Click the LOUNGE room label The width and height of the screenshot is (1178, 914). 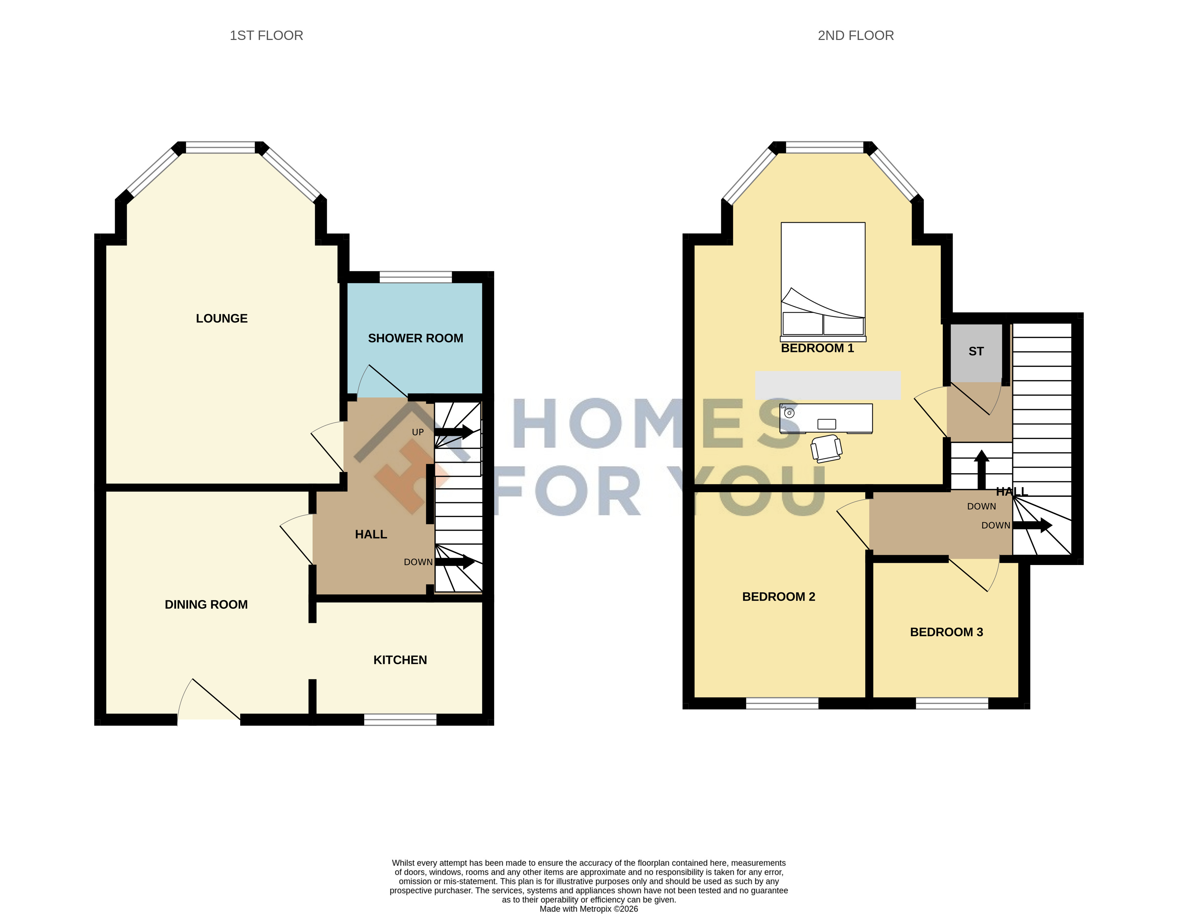222,319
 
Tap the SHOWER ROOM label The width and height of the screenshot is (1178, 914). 415,338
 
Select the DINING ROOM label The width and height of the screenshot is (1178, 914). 206,605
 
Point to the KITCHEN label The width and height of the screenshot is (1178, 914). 400,660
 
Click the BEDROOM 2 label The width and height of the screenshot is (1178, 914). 778,597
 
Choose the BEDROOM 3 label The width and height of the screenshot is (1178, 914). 947,632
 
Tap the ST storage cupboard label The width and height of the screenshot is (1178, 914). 976,352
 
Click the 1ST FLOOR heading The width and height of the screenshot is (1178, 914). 266,36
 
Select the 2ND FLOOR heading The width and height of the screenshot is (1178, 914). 856,36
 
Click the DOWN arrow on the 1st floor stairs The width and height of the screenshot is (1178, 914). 455,562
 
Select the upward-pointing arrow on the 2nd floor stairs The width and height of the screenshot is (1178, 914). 981,470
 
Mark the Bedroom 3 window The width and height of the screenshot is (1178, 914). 952,703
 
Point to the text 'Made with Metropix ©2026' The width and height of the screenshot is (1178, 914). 589,909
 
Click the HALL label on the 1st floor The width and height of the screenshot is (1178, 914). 371,534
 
